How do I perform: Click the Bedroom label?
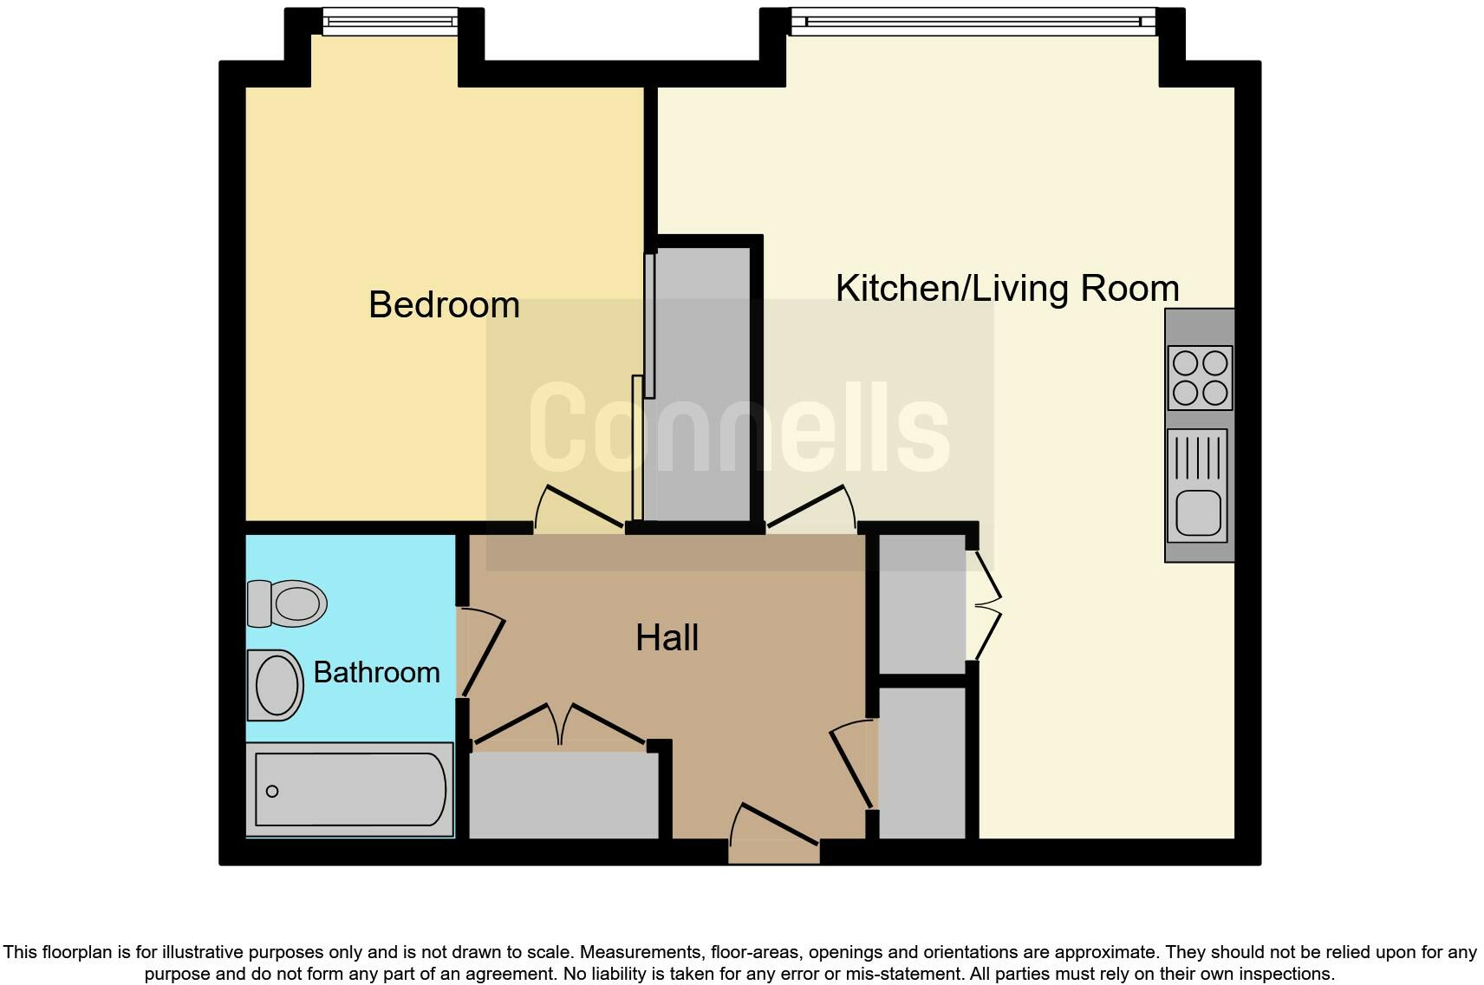(x=444, y=305)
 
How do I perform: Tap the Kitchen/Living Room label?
(x=1006, y=289)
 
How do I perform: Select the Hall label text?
(x=667, y=638)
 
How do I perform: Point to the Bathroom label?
(x=376, y=673)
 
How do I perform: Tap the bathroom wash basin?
(x=276, y=685)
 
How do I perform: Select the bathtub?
(x=349, y=790)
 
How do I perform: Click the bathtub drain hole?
(x=272, y=791)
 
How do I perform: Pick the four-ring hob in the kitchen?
(x=1200, y=377)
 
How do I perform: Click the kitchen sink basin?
(x=1199, y=512)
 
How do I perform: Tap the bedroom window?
(x=389, y=21)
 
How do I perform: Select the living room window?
(x=973, y=21)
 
